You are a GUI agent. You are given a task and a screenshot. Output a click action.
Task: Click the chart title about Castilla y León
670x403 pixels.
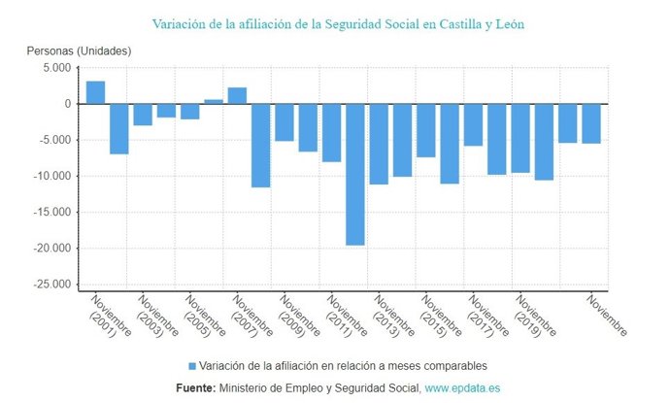pos(339,23)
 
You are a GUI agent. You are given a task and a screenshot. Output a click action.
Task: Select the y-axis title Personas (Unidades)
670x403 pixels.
pos(79,50)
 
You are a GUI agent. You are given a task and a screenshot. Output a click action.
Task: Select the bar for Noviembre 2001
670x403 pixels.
pos(95,92)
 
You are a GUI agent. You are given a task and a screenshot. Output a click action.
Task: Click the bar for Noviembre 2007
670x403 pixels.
pos(237,96)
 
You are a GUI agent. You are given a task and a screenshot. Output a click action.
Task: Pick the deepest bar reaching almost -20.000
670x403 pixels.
pos(355,174)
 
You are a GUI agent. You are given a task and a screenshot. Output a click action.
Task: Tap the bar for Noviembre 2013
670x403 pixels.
pos(379,144)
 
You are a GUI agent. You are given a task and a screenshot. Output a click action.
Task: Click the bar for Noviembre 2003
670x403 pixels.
pos(143,115)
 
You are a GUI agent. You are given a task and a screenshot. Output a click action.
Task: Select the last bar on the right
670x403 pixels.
pos(591,123)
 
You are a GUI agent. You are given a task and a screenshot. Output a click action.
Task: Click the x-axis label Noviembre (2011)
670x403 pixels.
pos(348,316)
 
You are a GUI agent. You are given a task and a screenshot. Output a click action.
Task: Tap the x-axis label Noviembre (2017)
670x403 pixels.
pos(489,316)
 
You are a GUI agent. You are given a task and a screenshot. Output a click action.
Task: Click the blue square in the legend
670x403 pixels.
pos(192,366)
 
